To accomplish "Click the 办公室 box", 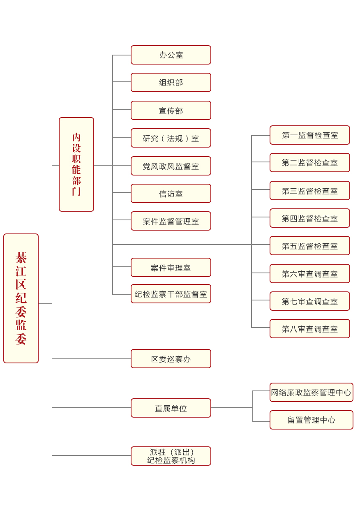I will click(x=171, y=55).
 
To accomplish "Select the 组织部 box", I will click(x=171, y=82).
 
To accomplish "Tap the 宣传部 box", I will click(x=171, y=110).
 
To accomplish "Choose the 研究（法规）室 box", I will click(x=171, y=138).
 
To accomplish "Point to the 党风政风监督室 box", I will click(x=171, y=166).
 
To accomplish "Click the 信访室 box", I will click(x=171, y=193).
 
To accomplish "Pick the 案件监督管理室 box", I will click(x=171, y=221).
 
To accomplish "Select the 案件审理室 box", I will click(x=171, y=267).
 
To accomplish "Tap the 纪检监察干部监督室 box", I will click(x=171, y=293).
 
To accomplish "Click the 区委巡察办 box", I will click(x=171, y=358).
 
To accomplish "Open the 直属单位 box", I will click(x=171, y=408).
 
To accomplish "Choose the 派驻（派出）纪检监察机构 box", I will click(x=171, y=456).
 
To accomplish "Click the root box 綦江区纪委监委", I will click(x=21, y=298).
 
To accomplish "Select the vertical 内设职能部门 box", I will click(x=76, y=164).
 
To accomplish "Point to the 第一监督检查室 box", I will click(x=309, y=135).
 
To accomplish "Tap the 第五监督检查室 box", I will click(x=309, y=245).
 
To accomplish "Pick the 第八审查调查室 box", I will click(x=309, y=328).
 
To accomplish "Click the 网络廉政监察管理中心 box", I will click(x=311, y=392).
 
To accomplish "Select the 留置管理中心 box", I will click(x=311, y=420).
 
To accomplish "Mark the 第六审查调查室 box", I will click(x=309, y=273).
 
